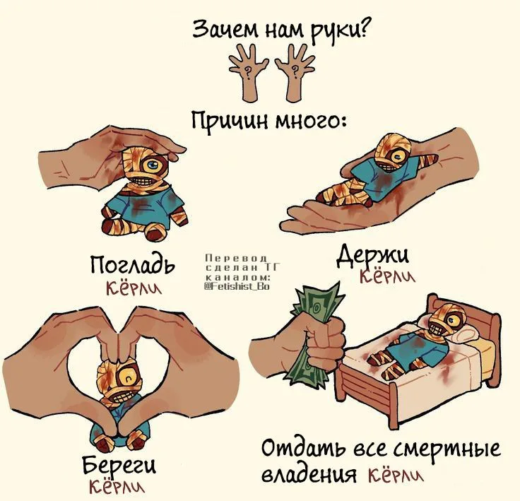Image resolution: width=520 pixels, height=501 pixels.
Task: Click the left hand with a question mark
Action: (249, 72)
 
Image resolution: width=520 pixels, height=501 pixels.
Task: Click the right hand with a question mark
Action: (295, 72)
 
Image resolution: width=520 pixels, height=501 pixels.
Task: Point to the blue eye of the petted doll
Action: (153, 165)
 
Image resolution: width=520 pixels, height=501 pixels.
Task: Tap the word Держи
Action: (373, 256)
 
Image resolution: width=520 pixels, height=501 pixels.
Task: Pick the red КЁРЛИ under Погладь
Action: (134, 288)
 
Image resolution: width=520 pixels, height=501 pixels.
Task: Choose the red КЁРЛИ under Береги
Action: (117, 485)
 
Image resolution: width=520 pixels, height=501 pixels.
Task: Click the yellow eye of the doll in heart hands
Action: (128, 377)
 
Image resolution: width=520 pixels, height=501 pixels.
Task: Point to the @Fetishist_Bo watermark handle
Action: (237, 286)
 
